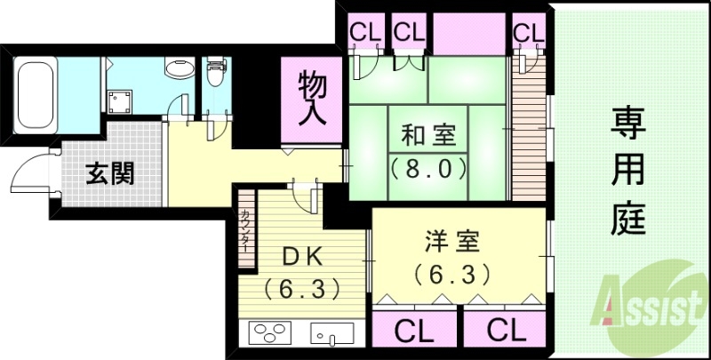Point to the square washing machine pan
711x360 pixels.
coord(121,100)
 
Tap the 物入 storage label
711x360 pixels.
coord(312,98)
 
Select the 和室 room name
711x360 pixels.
coord(429,136)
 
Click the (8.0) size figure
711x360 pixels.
coord(429,168)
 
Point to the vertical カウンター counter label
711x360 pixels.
coord(244,229)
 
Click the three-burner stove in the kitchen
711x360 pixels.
coord(271,332)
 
